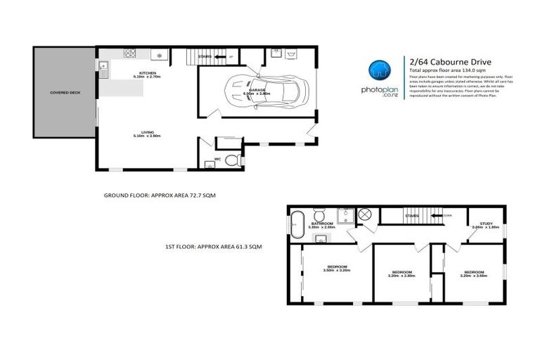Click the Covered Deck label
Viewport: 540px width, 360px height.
click(63, 92)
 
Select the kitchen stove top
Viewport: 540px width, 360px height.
click(130, 53)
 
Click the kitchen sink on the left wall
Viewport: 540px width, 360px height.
click(103, 69)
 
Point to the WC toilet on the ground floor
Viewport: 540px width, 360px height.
click(237, 161)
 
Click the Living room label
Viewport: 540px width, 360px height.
click(147, 134)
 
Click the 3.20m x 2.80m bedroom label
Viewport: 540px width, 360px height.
click(401, 274)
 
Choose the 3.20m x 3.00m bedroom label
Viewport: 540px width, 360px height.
click(474, 274)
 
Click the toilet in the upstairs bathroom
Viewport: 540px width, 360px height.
click(319, 214)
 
